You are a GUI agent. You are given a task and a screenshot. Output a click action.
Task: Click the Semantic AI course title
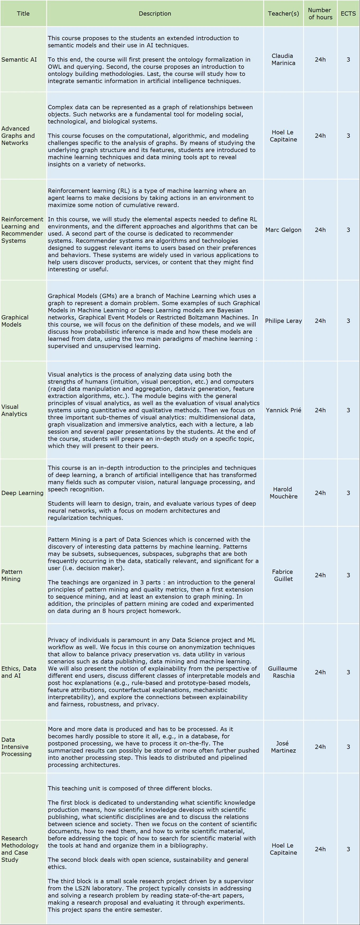[19, 59]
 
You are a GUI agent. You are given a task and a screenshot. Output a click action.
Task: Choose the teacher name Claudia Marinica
[283, 59]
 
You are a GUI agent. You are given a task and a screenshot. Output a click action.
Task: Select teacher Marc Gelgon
[283, 230]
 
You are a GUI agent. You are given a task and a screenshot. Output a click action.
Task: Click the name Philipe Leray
[283, 321]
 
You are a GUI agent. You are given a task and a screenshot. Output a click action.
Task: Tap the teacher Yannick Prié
[283, 410]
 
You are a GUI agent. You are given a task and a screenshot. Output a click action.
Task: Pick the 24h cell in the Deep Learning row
[320, 493]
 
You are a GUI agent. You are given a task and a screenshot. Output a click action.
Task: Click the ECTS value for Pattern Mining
[348, 575]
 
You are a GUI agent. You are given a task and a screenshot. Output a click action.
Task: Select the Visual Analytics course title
[14, 410]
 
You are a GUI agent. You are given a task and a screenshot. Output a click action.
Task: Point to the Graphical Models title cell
[15, 321]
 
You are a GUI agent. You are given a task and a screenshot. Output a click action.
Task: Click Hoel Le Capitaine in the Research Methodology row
[283, 849]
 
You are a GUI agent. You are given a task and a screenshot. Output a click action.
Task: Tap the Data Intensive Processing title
[16, 747]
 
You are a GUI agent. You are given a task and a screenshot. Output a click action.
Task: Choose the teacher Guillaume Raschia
[283, 672]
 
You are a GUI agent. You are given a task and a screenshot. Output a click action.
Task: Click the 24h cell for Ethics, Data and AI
[320, 672]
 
